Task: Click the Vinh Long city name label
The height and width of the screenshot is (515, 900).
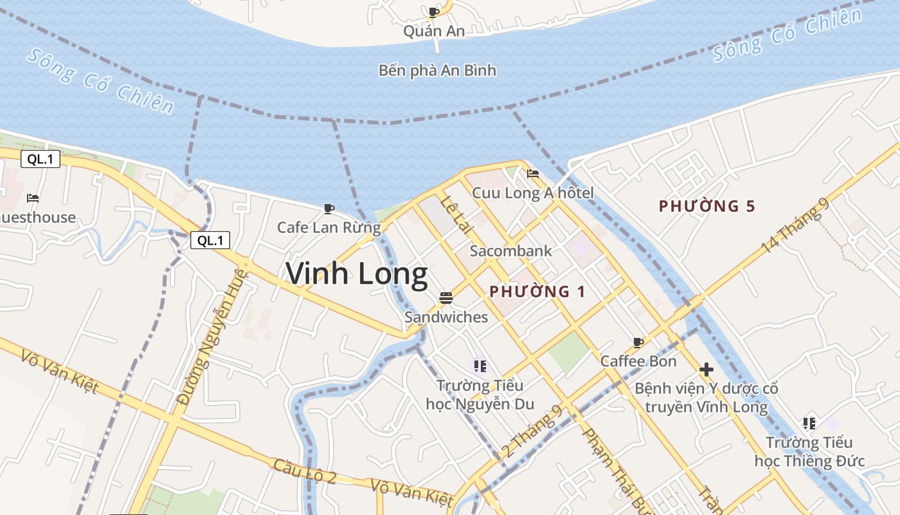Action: pos(357,274)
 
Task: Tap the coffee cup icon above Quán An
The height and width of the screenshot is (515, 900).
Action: pos(434,12)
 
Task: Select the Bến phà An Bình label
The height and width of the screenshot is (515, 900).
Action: pos(437,70)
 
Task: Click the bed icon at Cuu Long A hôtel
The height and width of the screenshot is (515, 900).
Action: pos(532,173)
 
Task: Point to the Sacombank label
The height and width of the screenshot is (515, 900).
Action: pos(510,251)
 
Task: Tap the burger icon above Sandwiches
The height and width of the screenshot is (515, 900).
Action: pos(446,297)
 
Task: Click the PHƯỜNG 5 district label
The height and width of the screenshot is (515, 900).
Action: pos(706,207)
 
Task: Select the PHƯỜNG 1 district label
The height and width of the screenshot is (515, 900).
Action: pos(537,292)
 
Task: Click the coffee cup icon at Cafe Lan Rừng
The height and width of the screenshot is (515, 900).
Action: pos(329,209)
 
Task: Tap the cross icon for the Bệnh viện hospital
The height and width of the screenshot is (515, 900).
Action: pos(706,370)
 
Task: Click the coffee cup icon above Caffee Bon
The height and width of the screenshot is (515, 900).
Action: pos(638,342)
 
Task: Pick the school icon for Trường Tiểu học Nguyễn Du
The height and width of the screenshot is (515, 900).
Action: pos(480,366)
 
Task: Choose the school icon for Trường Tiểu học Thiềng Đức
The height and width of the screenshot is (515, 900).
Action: pos(809,423)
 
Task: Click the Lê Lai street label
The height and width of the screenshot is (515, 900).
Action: pos(453,212)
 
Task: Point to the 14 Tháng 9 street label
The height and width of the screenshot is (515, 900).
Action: pos(795,225)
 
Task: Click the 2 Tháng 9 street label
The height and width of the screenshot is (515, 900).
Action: pos(531,431)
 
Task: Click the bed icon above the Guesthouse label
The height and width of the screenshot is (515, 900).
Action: pos(33,198)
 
